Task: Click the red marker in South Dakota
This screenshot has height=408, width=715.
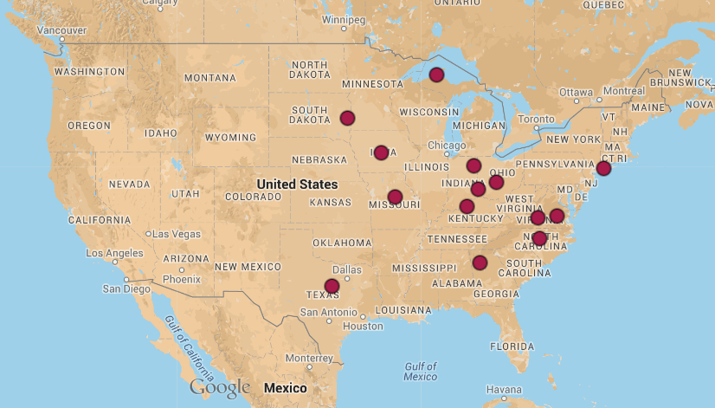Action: pos(347,118)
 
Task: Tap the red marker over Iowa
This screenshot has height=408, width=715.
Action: pos(381,152)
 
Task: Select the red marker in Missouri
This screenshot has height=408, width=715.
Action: pos(395,197)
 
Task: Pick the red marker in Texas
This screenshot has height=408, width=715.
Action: pos(332,286)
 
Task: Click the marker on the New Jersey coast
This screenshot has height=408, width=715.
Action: pos(603,168)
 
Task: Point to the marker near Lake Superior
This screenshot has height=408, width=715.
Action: pos(436,74)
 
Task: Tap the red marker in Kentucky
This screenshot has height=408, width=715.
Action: pos(467,206)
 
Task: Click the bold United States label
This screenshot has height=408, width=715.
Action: pos(297,185)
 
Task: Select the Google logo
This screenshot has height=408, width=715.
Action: pos(220,386)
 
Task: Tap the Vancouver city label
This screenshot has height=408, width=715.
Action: pos(61,29)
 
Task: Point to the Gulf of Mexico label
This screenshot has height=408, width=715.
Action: pos(420,371)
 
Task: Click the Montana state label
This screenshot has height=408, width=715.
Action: pos(209,78)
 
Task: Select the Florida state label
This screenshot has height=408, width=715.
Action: pos(512,346)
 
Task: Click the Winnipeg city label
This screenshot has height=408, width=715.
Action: pos(344,19)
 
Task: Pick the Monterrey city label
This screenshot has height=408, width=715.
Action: pos(309,358)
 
